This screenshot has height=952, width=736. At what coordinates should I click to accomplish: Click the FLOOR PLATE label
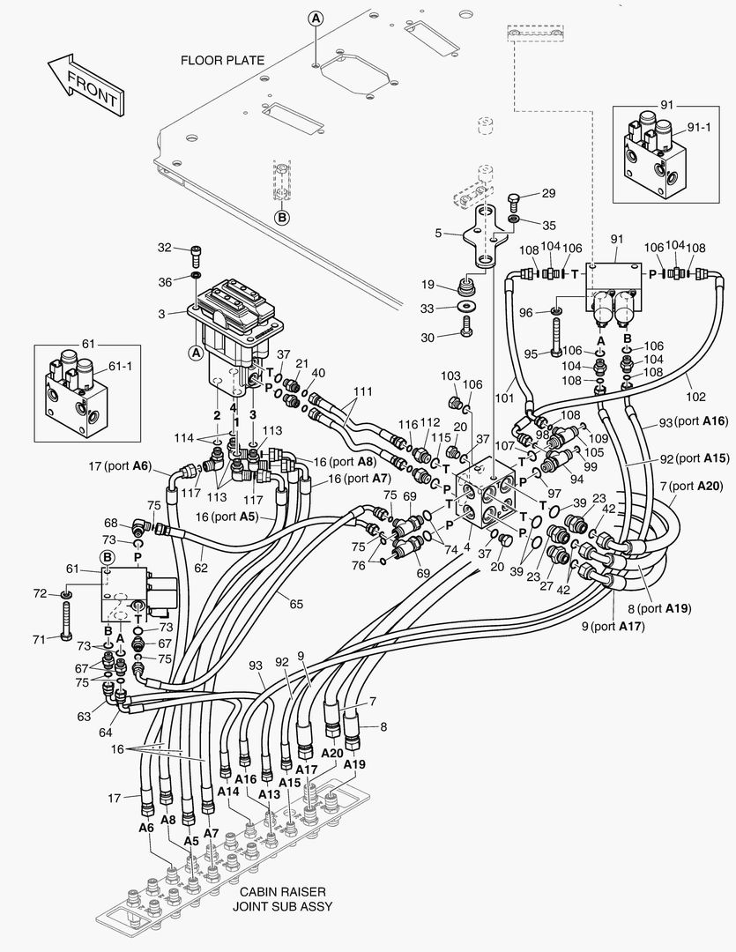pyautogui.click(x=222, y=61)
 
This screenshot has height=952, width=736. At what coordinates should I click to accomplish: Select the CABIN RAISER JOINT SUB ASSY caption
pyautogui.click(x=282, y=898)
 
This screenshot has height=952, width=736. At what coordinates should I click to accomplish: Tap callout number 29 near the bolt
pyautogui.click(x=548, y=193)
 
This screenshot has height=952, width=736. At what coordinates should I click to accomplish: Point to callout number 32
pyautogui.click(x=164, y=248)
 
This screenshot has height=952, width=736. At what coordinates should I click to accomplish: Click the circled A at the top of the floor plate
pyautogui.click(x=316, y=18)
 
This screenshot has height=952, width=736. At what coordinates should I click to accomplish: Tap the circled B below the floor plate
pyautogui.click(x=281, y=216)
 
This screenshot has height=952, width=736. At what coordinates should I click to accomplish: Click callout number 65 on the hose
pyautogui.click(x=296, y=603)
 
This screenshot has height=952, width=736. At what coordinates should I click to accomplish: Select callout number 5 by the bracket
pyautogui.click(x=438, y=234)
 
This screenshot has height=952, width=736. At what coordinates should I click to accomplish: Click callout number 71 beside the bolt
pyautogui.click(x=39, y=638)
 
